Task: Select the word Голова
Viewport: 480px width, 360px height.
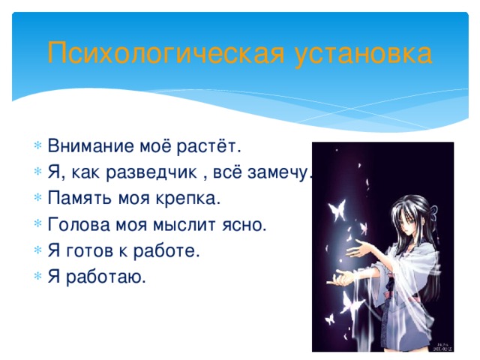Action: [75, 225]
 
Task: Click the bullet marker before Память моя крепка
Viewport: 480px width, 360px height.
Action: [38, 199]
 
